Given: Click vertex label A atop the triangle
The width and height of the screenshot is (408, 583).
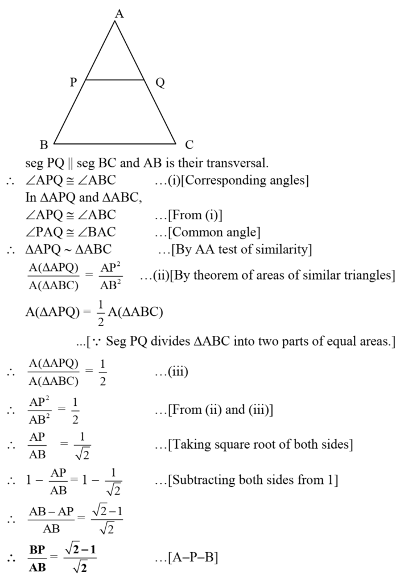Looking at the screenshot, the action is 119,14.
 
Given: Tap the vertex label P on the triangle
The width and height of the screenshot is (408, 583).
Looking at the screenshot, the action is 73,82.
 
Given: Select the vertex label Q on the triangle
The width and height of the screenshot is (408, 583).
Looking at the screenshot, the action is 160,83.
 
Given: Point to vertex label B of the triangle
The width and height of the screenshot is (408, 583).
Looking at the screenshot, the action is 44,144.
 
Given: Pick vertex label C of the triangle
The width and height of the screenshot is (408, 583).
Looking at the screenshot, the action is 189,144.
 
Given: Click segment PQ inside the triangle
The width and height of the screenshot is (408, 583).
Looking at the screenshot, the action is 115,80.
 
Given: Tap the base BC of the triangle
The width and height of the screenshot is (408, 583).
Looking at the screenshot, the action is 115,143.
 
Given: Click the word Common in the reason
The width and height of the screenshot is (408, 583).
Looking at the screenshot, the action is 195,232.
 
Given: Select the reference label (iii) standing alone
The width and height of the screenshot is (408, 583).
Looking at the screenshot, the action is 178,371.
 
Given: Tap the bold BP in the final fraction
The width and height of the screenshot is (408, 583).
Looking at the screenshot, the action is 37,549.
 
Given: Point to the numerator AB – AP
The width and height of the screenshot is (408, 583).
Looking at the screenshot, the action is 51,512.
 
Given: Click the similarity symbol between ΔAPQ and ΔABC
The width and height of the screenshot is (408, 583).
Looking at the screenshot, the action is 68,249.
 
